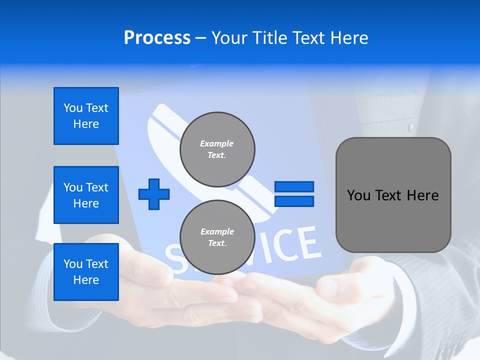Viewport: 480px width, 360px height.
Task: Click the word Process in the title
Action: coord(157,38)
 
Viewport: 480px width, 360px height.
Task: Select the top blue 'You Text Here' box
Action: coord(86,116)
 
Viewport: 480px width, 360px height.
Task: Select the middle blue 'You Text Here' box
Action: coord(86,195)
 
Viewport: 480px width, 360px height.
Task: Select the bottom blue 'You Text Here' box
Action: coord(86,272)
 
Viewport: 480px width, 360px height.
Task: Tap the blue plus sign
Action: coord(154,194)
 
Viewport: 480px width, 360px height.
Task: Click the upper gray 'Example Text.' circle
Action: coord(217,149)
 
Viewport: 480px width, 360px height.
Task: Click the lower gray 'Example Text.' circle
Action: coord(217,237)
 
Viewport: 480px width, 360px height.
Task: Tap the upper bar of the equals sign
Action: coord(294,186)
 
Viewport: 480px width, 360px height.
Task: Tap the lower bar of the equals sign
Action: coord(294,201)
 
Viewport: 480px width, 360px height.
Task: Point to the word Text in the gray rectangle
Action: coord(388,195)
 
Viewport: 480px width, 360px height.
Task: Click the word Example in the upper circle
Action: coord(217,143)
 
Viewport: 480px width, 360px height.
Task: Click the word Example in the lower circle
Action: coord(217,231)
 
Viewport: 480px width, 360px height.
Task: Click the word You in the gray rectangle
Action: coord(358,195)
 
